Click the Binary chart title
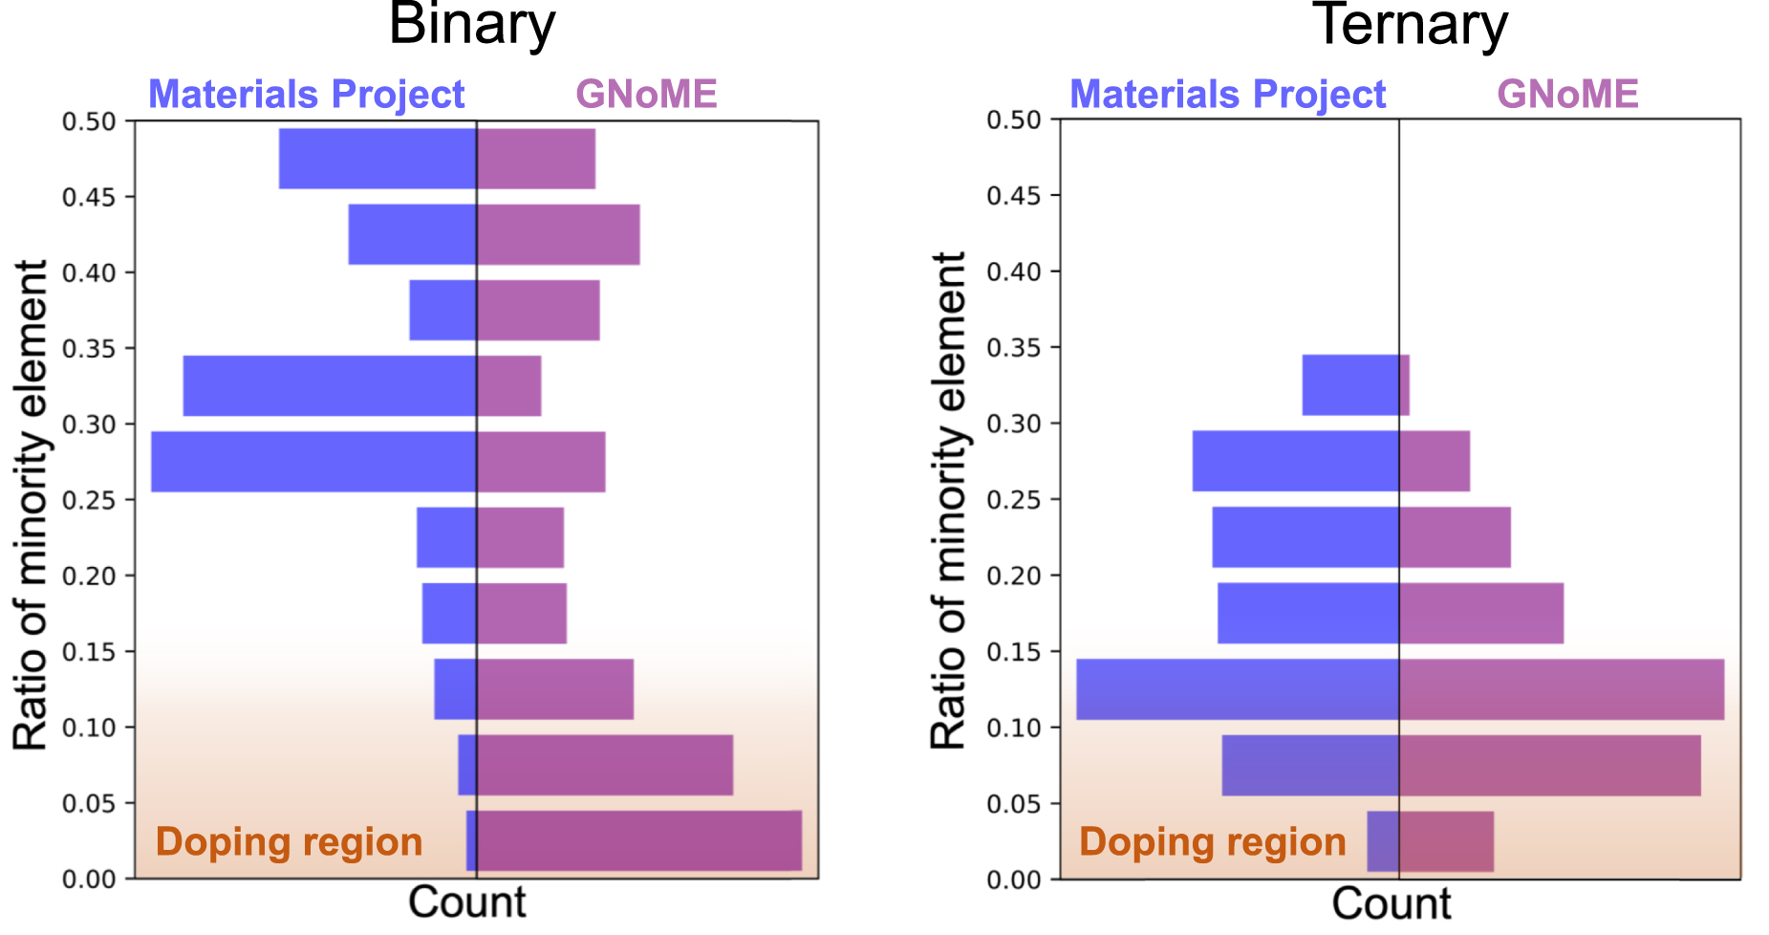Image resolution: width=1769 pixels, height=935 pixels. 472,25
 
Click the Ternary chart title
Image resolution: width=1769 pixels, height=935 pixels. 1411,25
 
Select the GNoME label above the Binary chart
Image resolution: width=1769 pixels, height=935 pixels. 646,95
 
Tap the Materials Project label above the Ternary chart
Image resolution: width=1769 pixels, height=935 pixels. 1227,95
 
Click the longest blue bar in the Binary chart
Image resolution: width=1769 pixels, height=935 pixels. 313,462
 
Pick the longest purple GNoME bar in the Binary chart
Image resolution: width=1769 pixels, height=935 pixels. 638,840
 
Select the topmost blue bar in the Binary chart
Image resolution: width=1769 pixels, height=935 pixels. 378,159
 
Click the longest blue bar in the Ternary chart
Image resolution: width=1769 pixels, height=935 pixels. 1238,689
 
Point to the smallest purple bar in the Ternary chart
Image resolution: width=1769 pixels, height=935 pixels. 1404,385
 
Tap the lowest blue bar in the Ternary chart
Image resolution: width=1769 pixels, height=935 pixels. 1383,841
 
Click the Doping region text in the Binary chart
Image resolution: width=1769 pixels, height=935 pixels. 289,842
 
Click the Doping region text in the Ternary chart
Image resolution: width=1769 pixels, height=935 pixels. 1212,842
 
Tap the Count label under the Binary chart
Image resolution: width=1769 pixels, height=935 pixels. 466,902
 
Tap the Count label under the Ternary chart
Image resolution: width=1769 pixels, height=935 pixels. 1391,903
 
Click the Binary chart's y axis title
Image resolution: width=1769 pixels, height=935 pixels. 31,504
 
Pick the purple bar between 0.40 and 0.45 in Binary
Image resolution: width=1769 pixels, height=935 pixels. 558,234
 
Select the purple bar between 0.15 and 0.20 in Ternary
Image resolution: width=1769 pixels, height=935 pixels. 1481,613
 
